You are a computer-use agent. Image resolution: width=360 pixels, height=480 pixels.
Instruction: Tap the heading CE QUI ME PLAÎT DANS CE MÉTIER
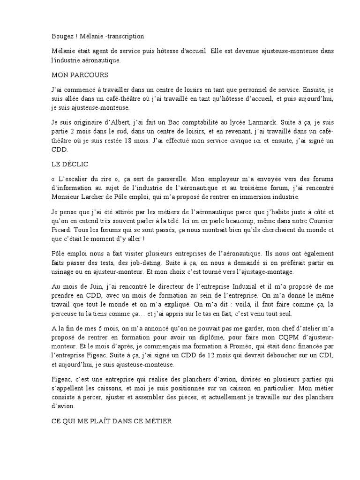[x=112, y=421]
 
